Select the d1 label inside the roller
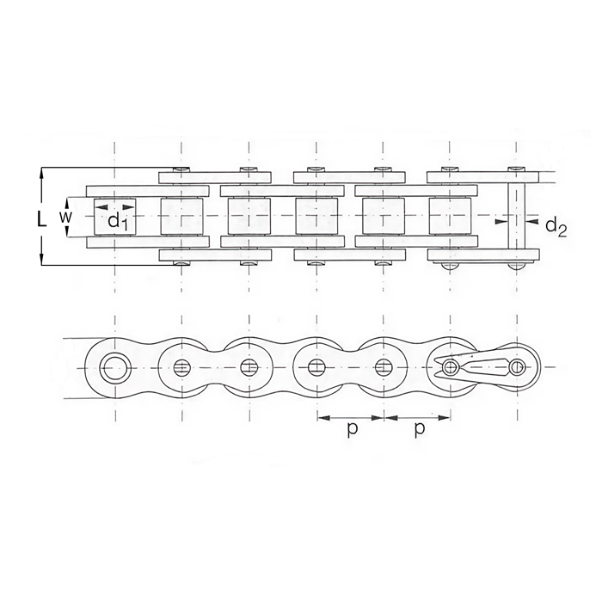[x=118, y=221]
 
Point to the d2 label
[x=556, y=229]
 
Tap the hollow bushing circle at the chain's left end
[x=113, y=367]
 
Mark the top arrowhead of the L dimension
[x=41, y=172]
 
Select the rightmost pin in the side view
[x=515, y=368]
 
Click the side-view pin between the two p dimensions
[x=383, y=368]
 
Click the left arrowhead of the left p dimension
[x=320, y=419]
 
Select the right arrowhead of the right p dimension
[x=447, y=419]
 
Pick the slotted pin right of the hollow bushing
[x=181, y=368]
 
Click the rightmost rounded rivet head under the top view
[x=515, y=265]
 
